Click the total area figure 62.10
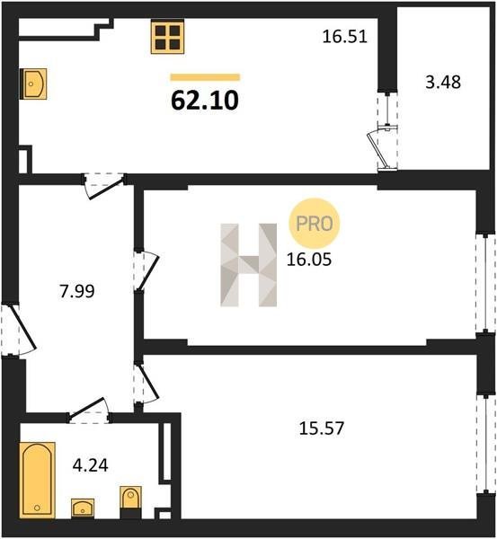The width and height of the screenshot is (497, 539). pyautogui.click(x=205, y=101)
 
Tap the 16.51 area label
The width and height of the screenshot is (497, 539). pyautogui.click(x=345, y=37)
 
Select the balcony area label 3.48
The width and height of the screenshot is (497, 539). pyautogui.click(x=443, y=83)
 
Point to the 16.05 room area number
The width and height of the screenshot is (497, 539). pyautogui.click(x=309, y=260)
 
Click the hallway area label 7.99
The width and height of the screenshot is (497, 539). pyautogui.click(x=77, y=291)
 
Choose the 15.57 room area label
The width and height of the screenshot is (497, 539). pyautogui.click(x=322, y=429)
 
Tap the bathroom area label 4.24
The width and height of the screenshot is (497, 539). pyautogui.click(x=91, y=465)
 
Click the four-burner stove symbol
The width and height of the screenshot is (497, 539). pyautogui.click(x=167, y=37)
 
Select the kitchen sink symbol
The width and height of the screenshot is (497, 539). pyautogui.click(x=33, y=84)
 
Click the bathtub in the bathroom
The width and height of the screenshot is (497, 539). pyautogui.click(x=37, y=480)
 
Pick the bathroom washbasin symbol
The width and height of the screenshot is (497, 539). pyautogui.click(x=83, y=508)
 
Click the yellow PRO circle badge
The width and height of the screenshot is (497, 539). pyautogui.click(x=314, y=224)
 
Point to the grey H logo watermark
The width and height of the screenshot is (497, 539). pyautogui.click(x=248, y=265)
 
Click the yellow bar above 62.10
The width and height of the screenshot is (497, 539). pyautogui.click(x=205, y=77)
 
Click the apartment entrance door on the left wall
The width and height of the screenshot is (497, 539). pyautogui.click(x=18, y=330)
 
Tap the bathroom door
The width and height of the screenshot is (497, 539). pyautogui.click(x=90, y=411)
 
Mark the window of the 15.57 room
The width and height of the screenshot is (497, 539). pyautogui.click(x=485, y=445)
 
